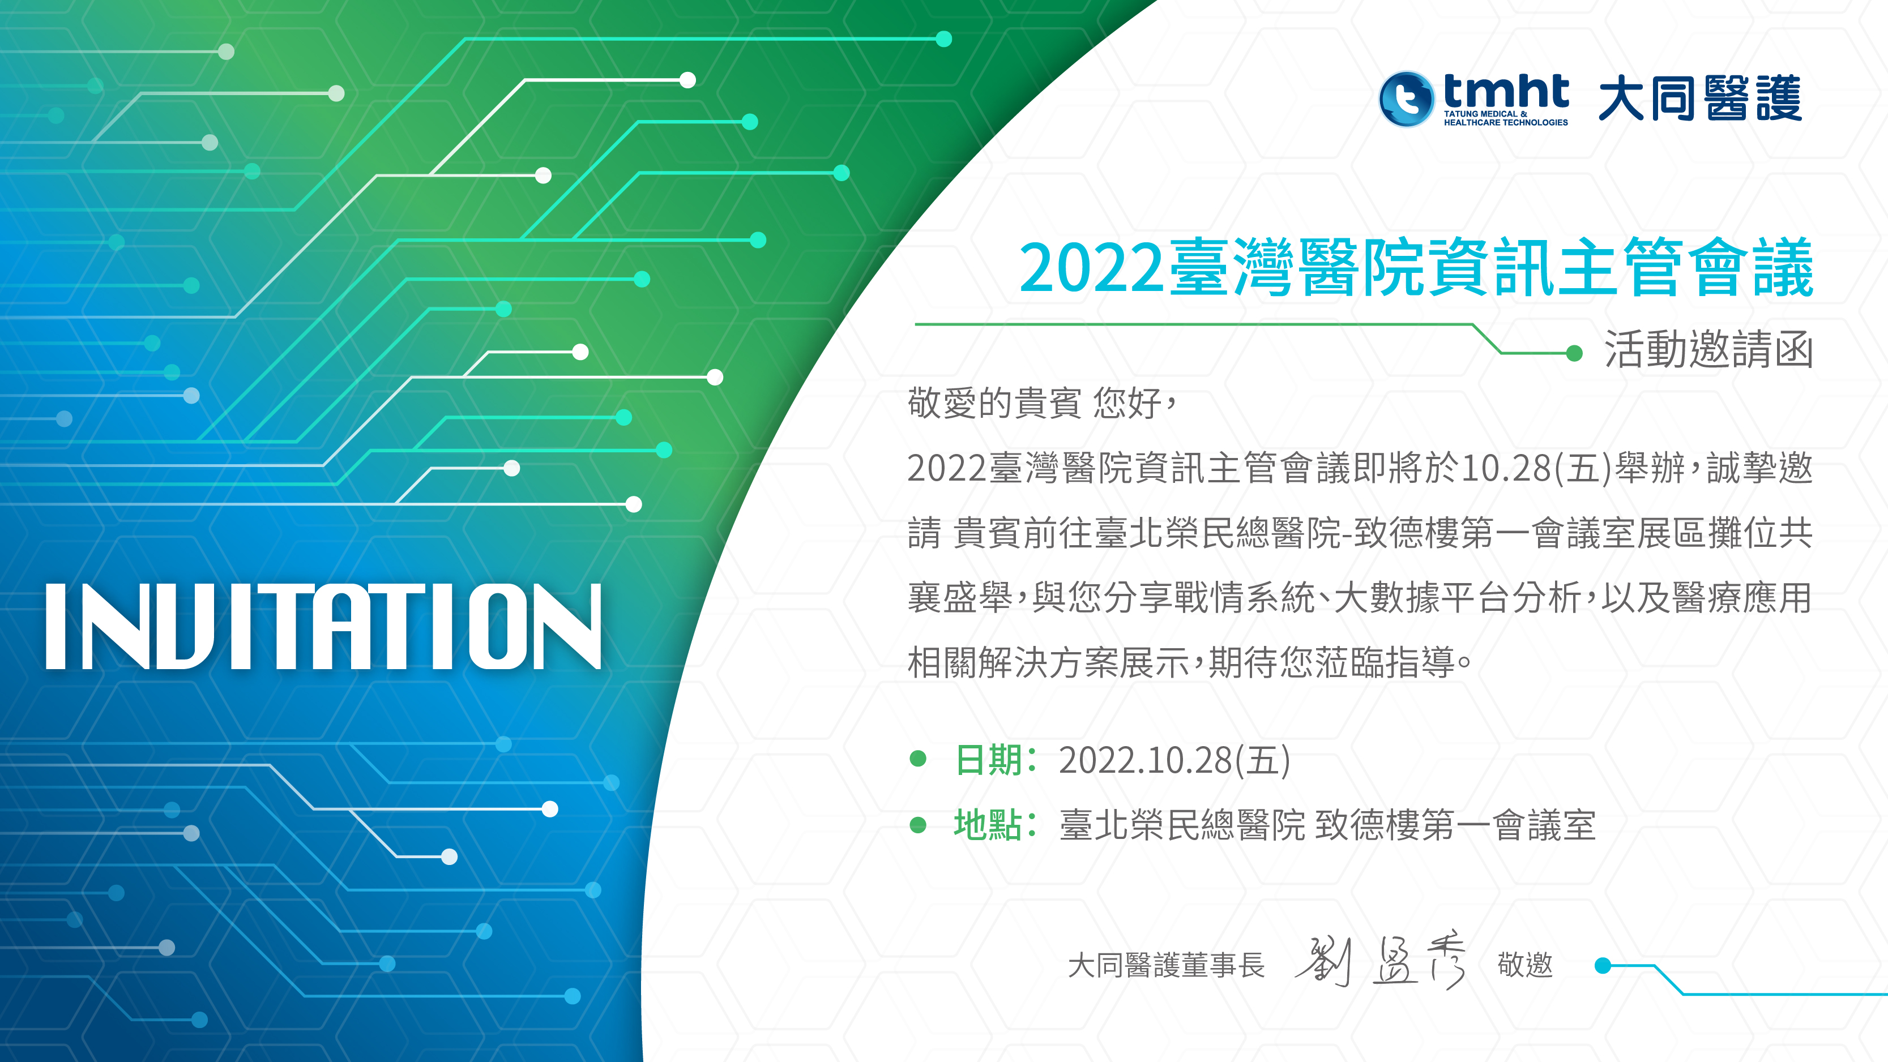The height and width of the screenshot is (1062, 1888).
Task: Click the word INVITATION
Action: tap(323, 627)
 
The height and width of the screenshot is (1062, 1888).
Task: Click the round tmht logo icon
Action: tap(1406, 99)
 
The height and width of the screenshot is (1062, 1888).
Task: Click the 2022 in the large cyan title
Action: tap(1091, 269)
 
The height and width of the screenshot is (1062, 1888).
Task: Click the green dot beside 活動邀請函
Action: tap(1574, 353)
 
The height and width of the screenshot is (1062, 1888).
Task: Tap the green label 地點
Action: tap(988, 825)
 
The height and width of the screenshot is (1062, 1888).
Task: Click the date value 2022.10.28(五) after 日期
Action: tap(1174, 760)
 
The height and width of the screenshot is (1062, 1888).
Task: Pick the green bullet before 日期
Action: tap(917, 759)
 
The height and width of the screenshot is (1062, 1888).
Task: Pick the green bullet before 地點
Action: tap(917, 825)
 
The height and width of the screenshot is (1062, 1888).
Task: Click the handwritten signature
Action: tap(1381, 961)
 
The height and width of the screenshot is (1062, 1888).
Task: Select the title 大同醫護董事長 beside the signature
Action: tap(1166, 965)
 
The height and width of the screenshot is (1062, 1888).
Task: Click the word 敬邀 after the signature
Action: tap(1525, 965)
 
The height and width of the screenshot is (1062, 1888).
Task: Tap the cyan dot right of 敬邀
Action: tap(1603, 965)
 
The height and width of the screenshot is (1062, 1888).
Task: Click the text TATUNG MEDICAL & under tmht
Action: tap(1485, 114)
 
